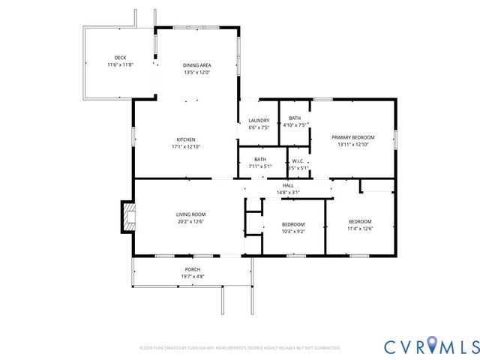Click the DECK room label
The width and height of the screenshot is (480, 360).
pos(120,58)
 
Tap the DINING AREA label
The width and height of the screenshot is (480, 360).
pos(196,65)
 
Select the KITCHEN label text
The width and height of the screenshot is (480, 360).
pos(186,139)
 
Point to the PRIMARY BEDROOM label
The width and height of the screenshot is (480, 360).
pos(352,136)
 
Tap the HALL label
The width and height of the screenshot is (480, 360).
pos(288,185)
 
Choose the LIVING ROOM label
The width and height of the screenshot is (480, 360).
pos(190,214)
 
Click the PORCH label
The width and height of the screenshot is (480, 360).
pos(193,269)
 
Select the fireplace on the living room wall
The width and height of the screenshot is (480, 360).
pos(127,217)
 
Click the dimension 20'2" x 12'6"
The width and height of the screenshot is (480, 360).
pos(190,221)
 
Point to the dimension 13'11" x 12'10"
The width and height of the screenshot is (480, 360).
pos(352,144)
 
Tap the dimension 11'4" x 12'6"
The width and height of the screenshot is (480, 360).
pos(360,229)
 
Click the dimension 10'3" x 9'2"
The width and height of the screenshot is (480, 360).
pos(293,232)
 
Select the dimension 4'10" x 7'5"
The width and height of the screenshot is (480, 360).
pos(295,125)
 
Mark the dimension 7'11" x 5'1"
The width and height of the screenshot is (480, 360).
pos(259,166)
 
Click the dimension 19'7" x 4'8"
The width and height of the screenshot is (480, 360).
pos(193,277)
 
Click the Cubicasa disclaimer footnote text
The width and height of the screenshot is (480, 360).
pos(240,348)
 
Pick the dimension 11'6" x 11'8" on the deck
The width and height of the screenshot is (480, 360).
pos(120,65)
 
